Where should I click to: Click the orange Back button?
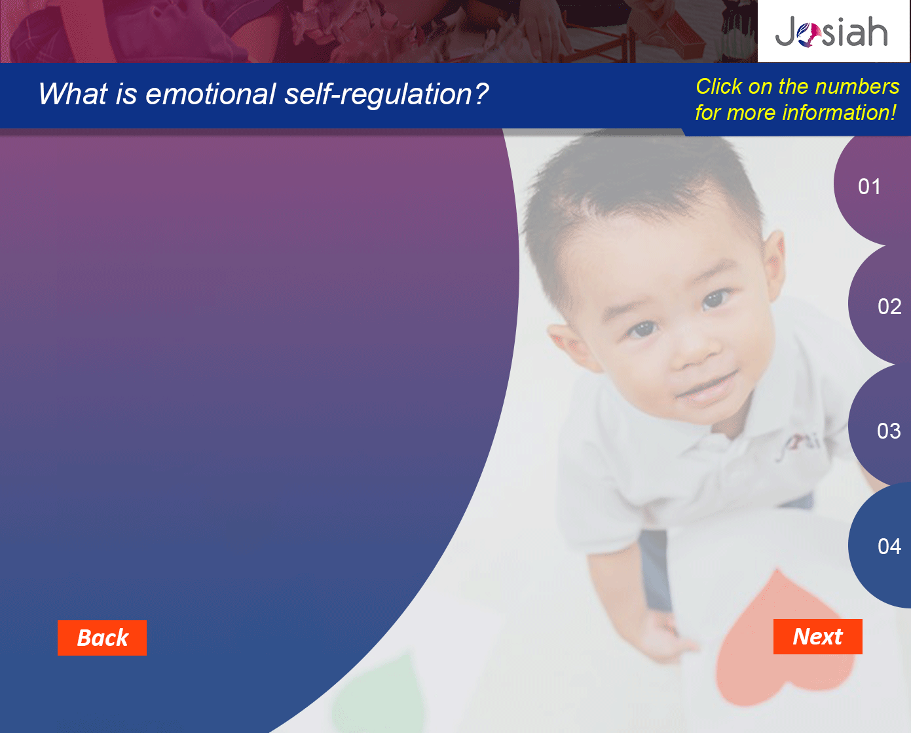tap(102, 638)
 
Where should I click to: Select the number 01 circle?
tap(872, 187)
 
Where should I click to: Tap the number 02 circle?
tap(880, 306)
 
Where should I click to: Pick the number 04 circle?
tap(880, 545)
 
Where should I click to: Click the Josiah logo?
tap(831, 31)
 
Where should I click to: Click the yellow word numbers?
tap(857, 87)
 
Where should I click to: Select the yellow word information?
tap(839, 113)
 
